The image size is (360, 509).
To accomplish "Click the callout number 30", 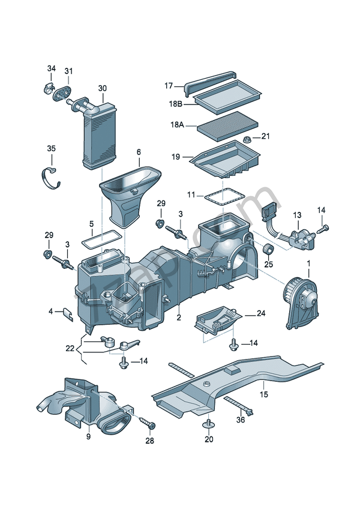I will (x=102, y=88).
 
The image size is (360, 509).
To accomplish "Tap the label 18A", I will (x=176, y=126).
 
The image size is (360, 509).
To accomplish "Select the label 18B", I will (x=175, y=104).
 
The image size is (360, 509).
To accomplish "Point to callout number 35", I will (x=52, y=148).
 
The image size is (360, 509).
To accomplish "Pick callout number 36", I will (x=241, y=420).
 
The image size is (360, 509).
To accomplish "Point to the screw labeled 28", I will (x=148, y=424).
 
